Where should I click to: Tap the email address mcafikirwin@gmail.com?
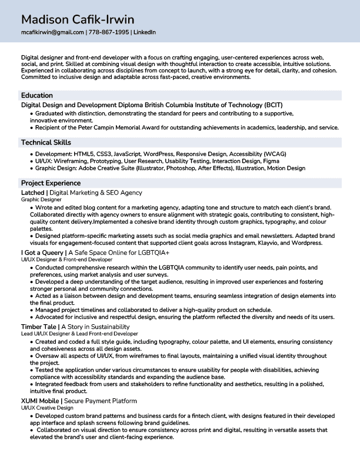point(52,32)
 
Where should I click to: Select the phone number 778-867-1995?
point(109,32)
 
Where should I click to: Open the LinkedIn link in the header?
point(145,32)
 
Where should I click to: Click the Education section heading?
point(37,95)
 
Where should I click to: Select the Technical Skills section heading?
point(46,142)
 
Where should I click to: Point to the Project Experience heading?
point(51,183)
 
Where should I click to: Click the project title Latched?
point(32,192)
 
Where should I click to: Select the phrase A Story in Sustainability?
point(96,326)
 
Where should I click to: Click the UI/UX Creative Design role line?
point(47,408)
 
